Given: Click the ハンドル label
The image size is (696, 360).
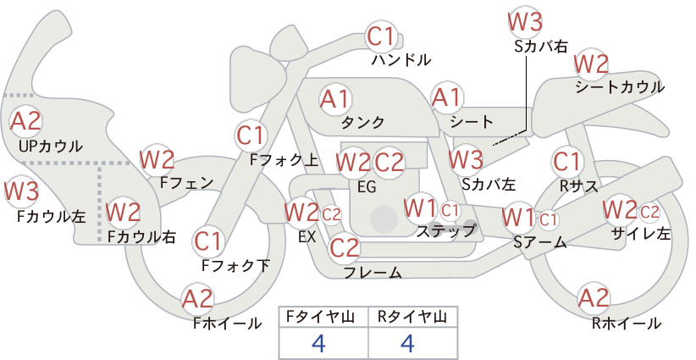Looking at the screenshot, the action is click(401, 59).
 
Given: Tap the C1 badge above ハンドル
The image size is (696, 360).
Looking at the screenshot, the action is click(381, 36).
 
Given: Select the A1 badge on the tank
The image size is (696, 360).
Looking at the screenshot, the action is click(335, 99).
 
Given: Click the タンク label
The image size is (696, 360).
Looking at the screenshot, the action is click(362, 122).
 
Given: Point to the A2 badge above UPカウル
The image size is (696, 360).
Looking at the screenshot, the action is click(25, 121).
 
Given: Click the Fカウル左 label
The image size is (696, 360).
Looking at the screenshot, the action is click(52, 216).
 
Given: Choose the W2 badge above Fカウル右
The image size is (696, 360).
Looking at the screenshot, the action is click(124, 212).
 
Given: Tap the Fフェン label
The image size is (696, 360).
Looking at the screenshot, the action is click(186, 182).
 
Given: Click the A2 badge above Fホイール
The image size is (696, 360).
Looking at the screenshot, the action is click(197, 299).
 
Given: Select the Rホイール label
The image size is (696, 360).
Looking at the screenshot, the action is click(627, 324).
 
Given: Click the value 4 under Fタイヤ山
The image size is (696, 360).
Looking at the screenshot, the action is click(319, 343).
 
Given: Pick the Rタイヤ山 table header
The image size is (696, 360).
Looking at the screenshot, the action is click(412, 317).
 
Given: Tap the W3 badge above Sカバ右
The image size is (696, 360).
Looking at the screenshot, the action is click(525, 22).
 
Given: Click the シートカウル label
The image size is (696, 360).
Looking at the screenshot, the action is click(620, 86).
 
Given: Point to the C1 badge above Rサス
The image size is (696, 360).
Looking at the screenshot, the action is click(566, 162).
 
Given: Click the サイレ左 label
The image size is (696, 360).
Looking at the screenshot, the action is click(640, 234).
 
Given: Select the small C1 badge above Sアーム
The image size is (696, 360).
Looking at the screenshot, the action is click(548, 219).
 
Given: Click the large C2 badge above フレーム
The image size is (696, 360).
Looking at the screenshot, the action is click(344, 247).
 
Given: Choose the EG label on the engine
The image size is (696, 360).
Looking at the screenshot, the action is click(367, 186).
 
